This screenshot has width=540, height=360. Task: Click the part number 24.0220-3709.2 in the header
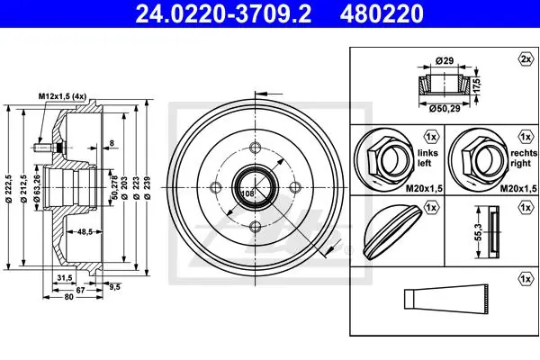click(223, 13)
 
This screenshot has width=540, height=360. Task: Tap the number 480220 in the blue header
click(382, 13)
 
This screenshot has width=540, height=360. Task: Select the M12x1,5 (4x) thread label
click(62, 96)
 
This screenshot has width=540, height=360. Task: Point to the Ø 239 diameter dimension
click(148, 188)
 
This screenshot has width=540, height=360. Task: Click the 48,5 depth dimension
click(85, 232)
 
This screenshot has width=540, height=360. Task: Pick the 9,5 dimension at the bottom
click(114, 286)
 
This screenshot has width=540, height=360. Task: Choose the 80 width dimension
click(69, 297)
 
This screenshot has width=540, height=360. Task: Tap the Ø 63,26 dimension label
click(37, 188)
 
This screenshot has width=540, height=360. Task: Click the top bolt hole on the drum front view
click(256, 148)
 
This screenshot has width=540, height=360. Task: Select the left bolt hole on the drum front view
click(216, 188)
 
